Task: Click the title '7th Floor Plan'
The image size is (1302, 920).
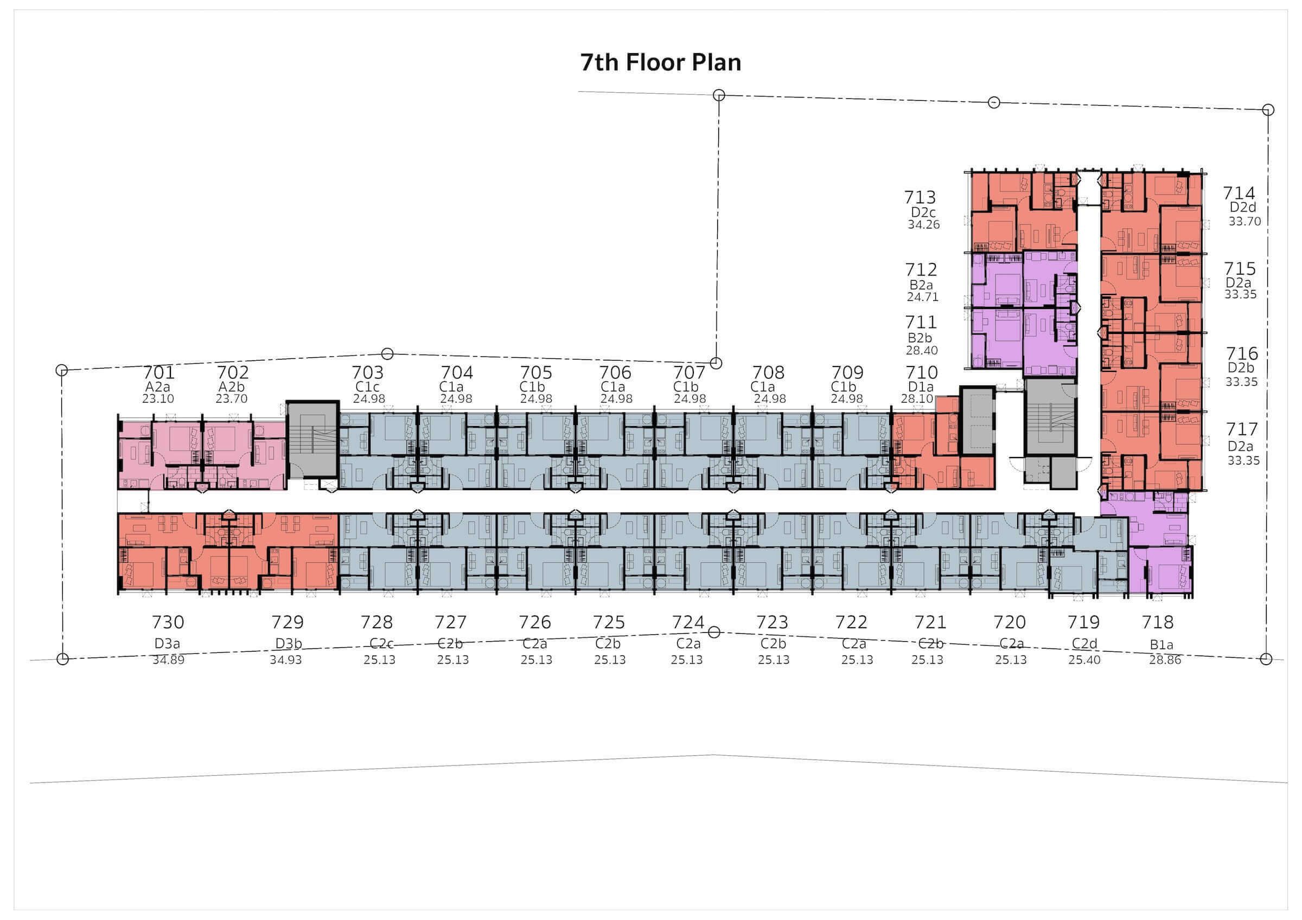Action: pos(661,62)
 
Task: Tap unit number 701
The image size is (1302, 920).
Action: pos(159,372)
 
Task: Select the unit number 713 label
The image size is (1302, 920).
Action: pos(920,197)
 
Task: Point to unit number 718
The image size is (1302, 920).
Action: pos(1157,622)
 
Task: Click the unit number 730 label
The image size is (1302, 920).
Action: pos(168,622)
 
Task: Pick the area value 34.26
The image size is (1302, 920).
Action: pos(924,224)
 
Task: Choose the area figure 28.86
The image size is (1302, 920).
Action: pos(1165,660)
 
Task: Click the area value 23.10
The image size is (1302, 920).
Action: pos(158,398)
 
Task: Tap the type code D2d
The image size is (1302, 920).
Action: pos(1243,208)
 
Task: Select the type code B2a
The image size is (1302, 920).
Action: pos(921,285)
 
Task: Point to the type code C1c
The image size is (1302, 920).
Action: pos(367,387)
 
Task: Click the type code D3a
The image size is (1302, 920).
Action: pos(168,644)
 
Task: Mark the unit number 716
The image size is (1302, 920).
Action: pos(1242,353)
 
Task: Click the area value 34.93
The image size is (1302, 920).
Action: pos(286,660)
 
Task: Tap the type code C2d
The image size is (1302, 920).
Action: pos(1084,644)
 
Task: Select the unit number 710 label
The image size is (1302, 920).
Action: pos(922,372)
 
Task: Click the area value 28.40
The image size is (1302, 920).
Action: pos(922,350)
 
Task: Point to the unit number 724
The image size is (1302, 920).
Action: pos(688,622)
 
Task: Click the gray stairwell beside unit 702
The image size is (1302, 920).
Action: pos(312,445)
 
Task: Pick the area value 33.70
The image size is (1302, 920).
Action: pos(1244,222)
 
